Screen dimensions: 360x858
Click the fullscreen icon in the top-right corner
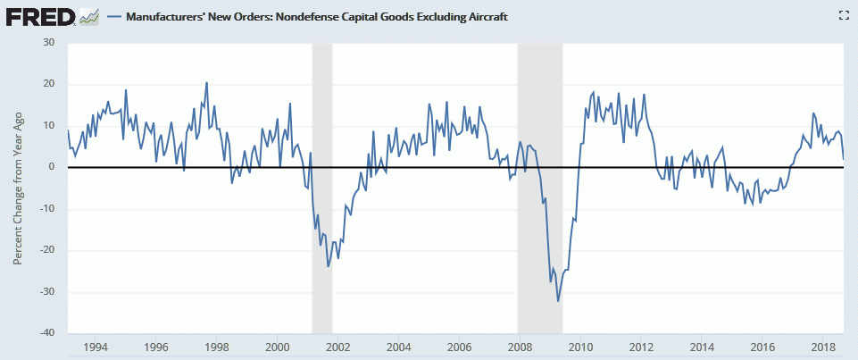(x=843, y=15)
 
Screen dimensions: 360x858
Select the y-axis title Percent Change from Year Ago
(x=19, y=186)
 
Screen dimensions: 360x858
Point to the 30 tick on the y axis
(x=48, y=43)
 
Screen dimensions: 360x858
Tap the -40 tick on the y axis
(x=46, y=333)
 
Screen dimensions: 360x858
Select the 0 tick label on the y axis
(x=52, y=167)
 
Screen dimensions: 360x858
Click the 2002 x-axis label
(x=337, y=347)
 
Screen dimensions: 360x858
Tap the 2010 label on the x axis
(x=580, y=347)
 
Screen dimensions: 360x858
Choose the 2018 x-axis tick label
(x=822, y=347)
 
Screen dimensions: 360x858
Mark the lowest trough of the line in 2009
(x=558, y=300)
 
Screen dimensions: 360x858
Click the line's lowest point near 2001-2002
(x=328, y=266)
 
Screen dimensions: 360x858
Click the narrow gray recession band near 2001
(x=321, y=179)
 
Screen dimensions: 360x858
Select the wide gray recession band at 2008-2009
(x=540, y=179)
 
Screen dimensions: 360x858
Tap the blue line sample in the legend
(x=113, y=16)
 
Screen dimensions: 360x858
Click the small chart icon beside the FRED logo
(x=88, y=16)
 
